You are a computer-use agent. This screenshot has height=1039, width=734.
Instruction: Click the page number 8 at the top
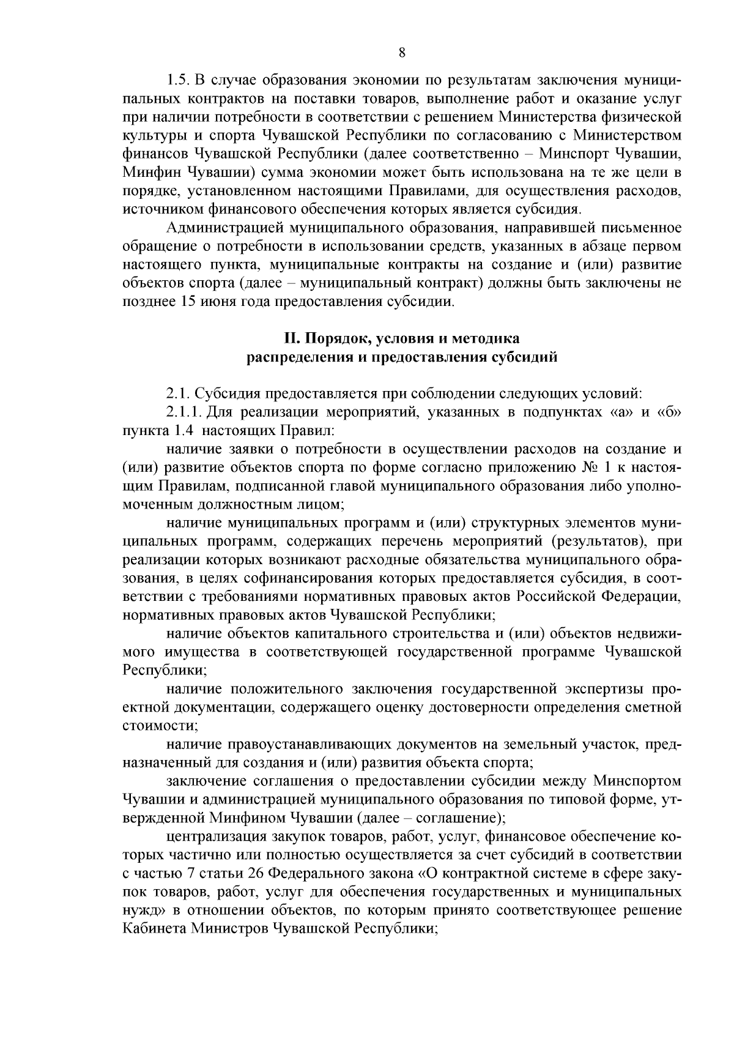click(402, 53)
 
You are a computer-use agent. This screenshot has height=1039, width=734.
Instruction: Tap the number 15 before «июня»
click(188, 302)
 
